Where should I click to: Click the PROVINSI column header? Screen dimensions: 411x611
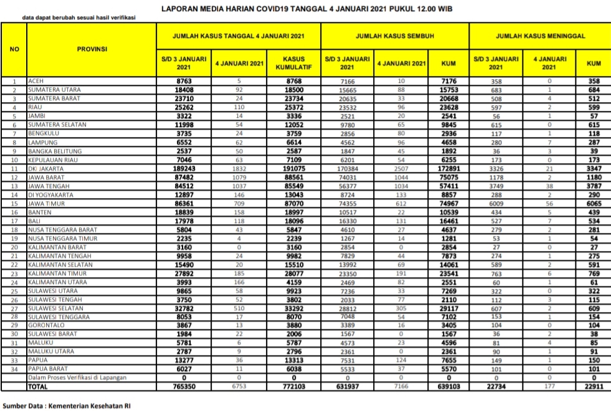(92, 49)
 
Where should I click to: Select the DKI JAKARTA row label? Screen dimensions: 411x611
(44, 169)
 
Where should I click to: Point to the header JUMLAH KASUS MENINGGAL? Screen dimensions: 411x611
(540, 36)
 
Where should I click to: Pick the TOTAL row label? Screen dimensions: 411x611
(39, 387)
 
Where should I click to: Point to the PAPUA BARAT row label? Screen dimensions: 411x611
(48, 369)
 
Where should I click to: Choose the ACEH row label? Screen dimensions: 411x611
(36, 82)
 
